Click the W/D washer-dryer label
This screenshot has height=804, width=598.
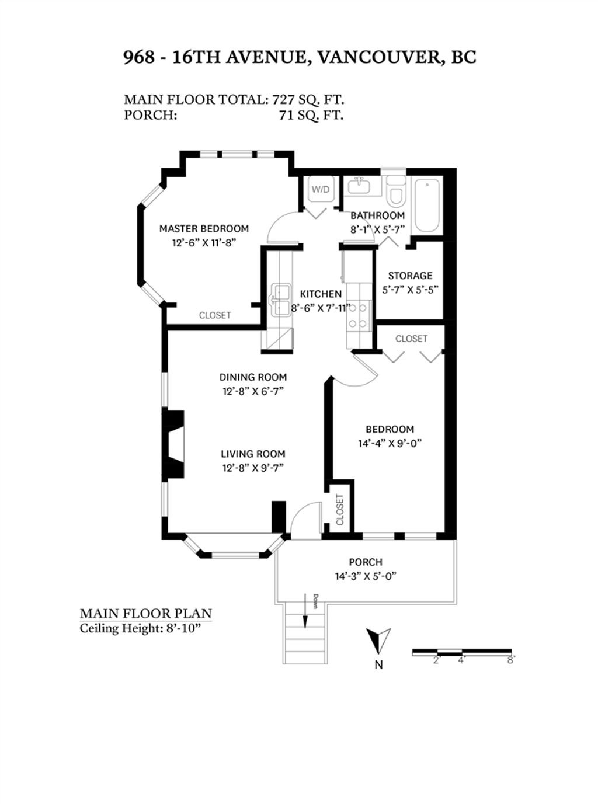(321, 189)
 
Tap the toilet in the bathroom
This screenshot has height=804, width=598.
(396, 190)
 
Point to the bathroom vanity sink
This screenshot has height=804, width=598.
(359, 187)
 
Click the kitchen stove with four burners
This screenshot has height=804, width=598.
(359, 315)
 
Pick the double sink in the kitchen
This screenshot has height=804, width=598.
(282, 301)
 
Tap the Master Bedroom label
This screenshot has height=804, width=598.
(204, 229)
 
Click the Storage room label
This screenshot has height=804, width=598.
(410, 276)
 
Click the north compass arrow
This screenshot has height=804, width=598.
(378, 640)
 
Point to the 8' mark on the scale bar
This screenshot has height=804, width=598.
(510, 660)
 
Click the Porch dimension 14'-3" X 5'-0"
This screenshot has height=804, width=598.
(366, 577)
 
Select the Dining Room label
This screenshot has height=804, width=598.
(253, 377)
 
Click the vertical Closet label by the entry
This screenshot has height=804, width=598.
(340, 510)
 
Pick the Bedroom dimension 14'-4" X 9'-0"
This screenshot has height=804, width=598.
(390, 444)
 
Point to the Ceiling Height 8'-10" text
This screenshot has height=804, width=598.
(140, 628)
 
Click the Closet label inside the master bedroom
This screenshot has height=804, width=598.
(215, 315)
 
